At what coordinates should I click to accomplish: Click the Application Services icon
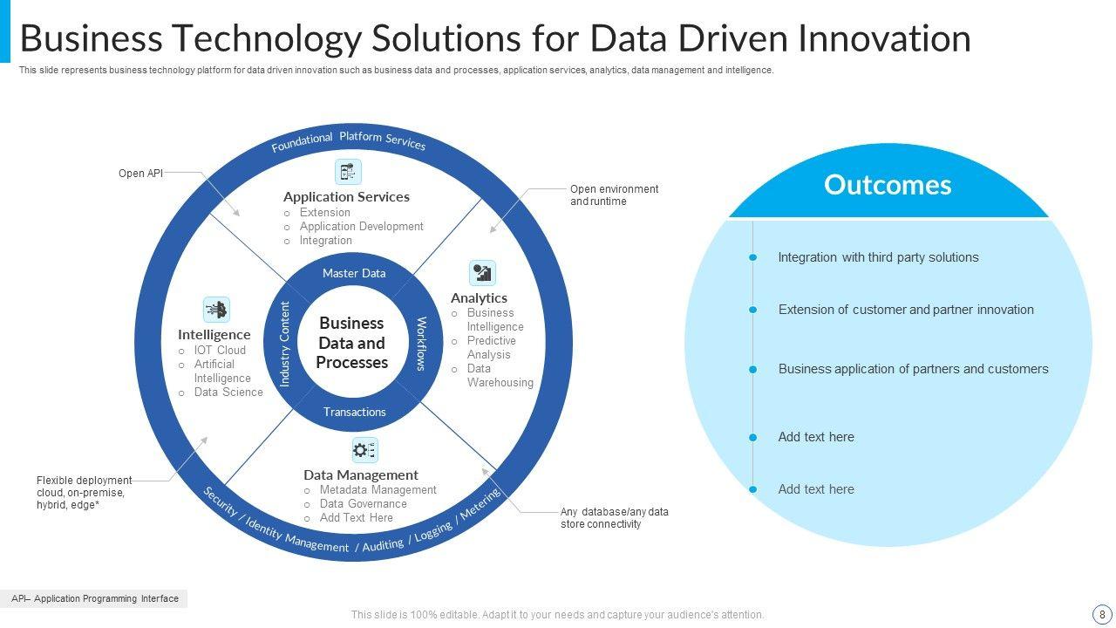pos(348,172)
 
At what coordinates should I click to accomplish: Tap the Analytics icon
pos(482,273)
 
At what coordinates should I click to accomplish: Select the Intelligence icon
pos(216,310)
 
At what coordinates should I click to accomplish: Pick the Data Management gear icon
pos(364,450)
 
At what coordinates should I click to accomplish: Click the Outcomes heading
pos(888,185)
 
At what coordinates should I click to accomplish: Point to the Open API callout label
pos(140,174)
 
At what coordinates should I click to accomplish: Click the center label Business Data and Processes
pos(352,343)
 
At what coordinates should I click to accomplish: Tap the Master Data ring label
pos(354,273)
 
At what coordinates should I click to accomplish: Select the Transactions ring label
pos(354,412)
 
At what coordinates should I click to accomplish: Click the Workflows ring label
pos(421,344)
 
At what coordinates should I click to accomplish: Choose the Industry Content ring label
pos(284,344)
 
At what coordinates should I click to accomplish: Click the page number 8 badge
pos(1102,613)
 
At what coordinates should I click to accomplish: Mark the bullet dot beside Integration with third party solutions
pos(753,257)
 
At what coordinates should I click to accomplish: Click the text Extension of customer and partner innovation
pos(906,310)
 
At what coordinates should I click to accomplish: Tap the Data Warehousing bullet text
pos(500,376)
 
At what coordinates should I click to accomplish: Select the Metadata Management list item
pos(378,490)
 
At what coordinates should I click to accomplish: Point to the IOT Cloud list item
pos(220,351)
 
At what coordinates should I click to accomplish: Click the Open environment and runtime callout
pos(614,195)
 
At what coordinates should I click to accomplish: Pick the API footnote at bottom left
pos(94,598)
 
